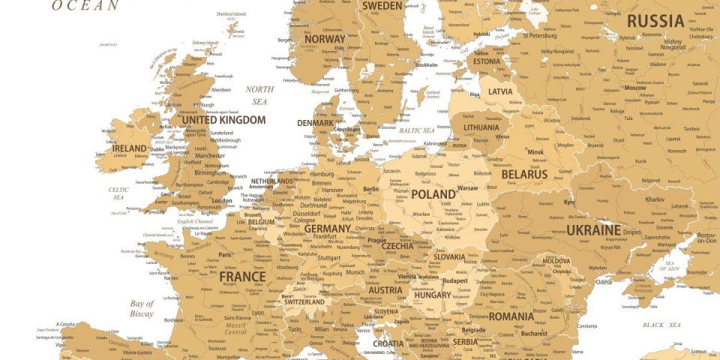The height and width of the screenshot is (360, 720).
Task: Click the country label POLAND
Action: click(x=433, y=194)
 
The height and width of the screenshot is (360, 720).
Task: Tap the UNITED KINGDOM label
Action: click(x=223, y=120)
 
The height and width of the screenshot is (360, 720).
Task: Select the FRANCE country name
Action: click(x=242, y=277)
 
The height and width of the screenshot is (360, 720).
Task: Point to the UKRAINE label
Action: click(x=593, y=230)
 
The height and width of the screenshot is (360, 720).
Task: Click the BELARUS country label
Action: click(x=524, y=174)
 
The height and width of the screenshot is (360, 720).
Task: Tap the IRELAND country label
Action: click(x=129, y=149)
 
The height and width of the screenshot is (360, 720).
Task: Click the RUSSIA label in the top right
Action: click(x=655, y=21)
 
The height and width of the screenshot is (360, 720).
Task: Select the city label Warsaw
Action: click(x=467, y=187)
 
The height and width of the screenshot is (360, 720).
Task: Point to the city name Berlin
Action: click(x=370, y=190)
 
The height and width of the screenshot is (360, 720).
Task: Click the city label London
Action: click(x=222, y=201)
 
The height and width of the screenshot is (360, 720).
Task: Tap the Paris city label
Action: click(x=225, y=255)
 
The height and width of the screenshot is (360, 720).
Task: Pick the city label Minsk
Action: click(x=535, y=152)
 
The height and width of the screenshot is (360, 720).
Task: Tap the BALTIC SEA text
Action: click(x=418, y=130)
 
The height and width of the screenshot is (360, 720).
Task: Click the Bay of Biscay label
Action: click(x=141, y=308)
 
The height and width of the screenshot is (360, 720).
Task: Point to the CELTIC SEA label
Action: click(x=118, y=193)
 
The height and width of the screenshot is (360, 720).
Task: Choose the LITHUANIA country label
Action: click(x=481, y=127)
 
